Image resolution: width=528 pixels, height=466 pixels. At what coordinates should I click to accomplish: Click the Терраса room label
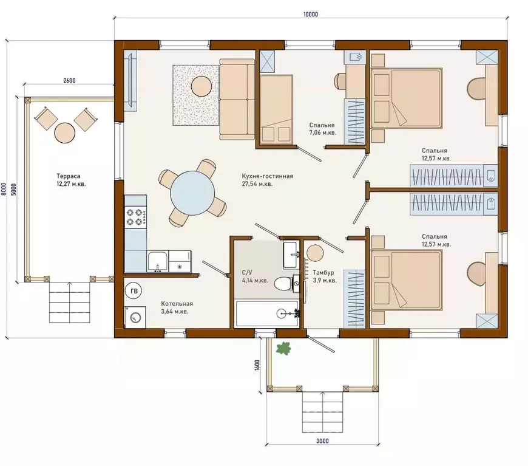point(69,176)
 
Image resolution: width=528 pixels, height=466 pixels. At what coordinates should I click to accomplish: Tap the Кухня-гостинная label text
point(268,176)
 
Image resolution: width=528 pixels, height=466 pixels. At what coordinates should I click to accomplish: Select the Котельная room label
point(177,303)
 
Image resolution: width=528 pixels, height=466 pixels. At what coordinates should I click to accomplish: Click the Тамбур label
point(323,272)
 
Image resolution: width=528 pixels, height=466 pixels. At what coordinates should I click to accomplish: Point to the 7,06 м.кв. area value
point(323,133)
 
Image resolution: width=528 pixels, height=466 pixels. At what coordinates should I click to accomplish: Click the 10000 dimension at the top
point(311,14)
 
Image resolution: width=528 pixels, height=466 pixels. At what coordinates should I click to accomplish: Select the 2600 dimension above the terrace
point(69,81)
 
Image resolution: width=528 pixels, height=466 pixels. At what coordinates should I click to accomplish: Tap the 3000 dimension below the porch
point(322,440)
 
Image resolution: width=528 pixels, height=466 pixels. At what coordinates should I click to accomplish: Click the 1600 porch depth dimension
point(257,365)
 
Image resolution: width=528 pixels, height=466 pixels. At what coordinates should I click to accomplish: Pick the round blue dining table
point(192,193)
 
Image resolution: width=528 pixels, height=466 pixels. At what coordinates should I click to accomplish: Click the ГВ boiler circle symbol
point(134,291)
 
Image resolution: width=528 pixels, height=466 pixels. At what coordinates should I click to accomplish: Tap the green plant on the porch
point(283,348)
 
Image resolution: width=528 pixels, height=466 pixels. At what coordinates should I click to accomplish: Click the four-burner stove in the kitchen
point(136,217)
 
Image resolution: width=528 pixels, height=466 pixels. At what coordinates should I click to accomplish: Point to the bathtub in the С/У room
point(267,314)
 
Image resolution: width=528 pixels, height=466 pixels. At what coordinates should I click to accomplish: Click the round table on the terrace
point(65,133)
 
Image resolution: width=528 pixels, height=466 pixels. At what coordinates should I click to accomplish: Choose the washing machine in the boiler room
point(135,317)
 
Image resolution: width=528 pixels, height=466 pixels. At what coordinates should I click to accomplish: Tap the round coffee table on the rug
point(201,86)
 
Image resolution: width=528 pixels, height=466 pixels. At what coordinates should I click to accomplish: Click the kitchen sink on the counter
point(158,262)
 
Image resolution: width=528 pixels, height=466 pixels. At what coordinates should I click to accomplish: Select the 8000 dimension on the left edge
point(4,189)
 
